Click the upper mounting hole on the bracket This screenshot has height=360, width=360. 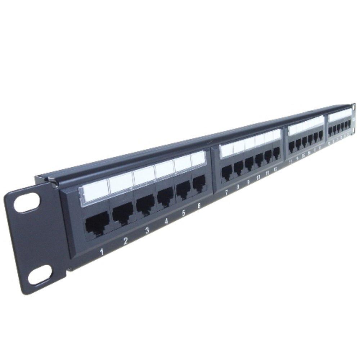point(26,202)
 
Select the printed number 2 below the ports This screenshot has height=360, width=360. point(125,241)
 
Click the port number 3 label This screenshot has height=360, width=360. point(147,230)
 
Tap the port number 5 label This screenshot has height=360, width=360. point(184,213)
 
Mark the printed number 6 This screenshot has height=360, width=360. point(199,206)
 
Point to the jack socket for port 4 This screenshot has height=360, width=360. point(166,195)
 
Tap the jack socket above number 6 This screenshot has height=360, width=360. point(199,183)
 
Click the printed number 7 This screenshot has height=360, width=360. point(226,192)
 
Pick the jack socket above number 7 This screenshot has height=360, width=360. point(227,173)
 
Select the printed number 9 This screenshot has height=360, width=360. point(248,182)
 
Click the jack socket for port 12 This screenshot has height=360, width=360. point(276,153)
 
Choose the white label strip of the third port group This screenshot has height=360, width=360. point(306,125)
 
